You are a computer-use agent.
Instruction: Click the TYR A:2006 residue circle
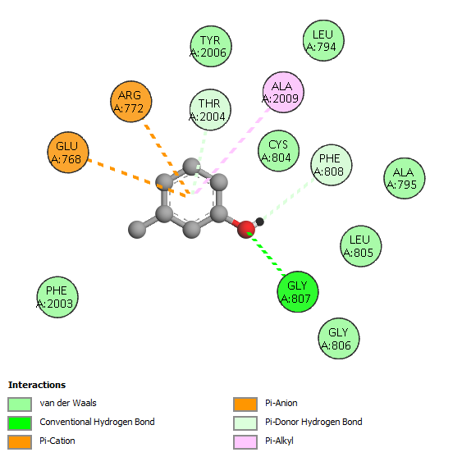[211, 46]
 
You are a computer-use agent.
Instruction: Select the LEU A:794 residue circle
[323, 40]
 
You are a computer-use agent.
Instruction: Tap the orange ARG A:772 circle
[131, 102]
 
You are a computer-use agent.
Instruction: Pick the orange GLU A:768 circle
[68, 153]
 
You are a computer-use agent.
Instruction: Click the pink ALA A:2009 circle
[283, 92]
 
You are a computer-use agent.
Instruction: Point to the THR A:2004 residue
[210, 110]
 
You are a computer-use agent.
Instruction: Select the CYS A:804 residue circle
[278, 151]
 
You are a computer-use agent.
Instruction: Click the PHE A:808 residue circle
[332, 165]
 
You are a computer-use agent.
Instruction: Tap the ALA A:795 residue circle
[405, 178]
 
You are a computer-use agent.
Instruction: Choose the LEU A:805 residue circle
[360, 246]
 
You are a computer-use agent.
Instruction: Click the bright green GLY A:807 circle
[298, 292]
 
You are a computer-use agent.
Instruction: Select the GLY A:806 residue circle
[339, 338]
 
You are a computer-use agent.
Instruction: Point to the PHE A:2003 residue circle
[57, 297]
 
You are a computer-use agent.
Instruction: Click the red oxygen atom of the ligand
[246, 229]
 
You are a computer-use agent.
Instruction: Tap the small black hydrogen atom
[259, 222]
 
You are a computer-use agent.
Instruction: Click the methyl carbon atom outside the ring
[137, 229]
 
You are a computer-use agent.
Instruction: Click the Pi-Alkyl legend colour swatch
[245, 441]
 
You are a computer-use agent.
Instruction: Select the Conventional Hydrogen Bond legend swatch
[20, 423]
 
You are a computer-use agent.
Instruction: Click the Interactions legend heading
[37, 385]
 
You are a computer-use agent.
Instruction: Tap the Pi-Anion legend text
[281, 403]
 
